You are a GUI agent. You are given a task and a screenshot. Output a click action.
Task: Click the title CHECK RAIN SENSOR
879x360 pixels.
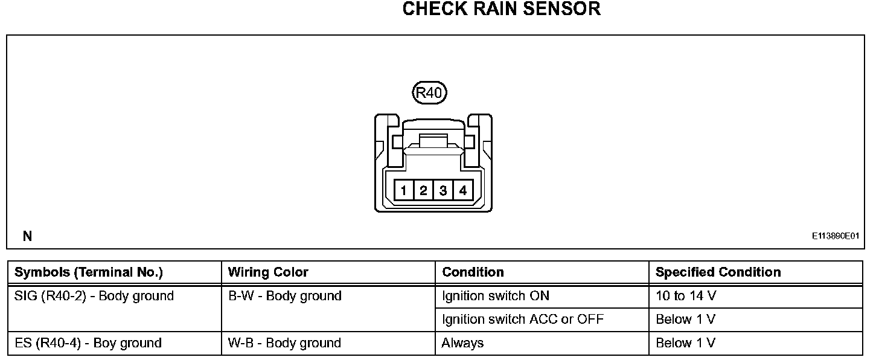[x=501, y=9]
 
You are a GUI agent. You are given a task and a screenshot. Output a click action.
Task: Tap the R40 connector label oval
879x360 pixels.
[x=429, y=92]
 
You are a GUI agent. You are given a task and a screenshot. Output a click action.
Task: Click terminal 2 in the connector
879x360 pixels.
[x=423, y=191]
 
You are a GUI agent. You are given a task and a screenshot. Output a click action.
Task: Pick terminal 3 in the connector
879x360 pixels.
[x=443, y=191]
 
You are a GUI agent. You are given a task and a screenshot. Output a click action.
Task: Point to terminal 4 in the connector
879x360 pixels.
[x=462, y=191]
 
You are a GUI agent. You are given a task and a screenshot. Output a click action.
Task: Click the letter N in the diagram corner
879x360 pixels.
[x=27, y=237]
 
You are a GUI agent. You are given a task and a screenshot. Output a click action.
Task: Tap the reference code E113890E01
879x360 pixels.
[x=835, y=237]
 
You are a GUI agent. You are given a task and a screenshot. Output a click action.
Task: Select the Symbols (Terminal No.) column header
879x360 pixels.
[x=88, y=272]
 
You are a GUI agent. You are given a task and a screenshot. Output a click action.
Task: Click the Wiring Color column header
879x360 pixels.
[x=268, y=272]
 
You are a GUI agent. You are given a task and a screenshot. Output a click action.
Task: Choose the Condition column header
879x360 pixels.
[x=473, y=272]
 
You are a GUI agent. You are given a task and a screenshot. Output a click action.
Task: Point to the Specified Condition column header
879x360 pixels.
[x=718, y=272]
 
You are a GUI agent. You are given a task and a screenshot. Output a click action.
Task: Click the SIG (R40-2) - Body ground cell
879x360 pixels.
[x=94, y=296]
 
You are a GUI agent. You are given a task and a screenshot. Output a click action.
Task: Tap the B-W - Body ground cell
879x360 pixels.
[x=284, y=296]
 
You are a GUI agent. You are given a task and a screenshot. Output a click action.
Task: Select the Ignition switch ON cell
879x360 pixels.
[x=496, y=296]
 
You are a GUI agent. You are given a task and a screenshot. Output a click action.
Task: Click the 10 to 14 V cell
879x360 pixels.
[x=686, y=296]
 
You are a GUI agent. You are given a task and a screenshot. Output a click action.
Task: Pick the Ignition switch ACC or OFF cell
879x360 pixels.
[x=522, y=320]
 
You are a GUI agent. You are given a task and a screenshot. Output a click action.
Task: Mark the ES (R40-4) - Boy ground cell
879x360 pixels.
[x=88, y=343]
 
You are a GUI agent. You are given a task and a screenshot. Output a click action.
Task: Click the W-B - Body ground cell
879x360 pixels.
[x=284, y=343]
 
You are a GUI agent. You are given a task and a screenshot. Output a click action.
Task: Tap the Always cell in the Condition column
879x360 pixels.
[x=462, y=343]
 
